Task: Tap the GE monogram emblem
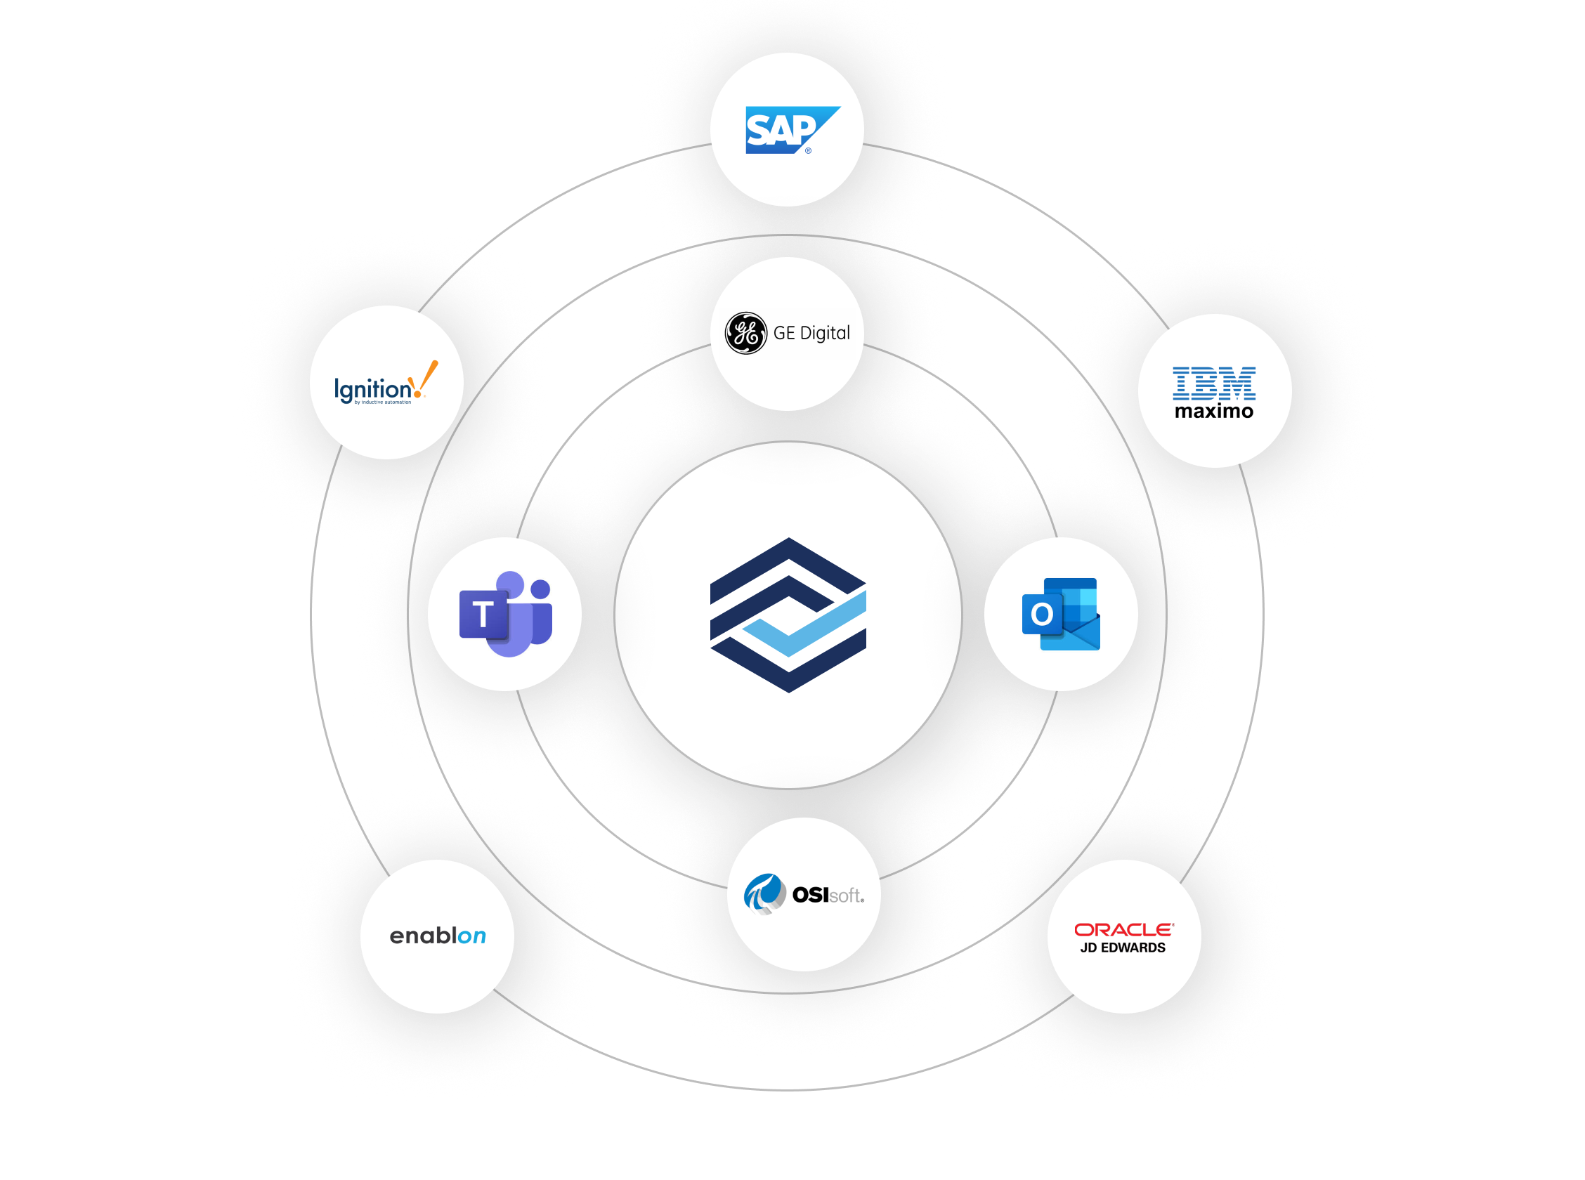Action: coord(745,333)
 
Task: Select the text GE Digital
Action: coord(811,334)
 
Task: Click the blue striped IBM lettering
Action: coord(1213,383)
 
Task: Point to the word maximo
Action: coord(1213,412)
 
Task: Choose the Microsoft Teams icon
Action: coord(505,614)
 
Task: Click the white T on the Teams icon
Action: coord(483,615)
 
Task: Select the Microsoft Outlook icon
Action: coord(1061,614)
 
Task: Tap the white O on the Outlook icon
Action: coord(1041,614)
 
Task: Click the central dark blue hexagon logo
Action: coord(788,615)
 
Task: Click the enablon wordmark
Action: coord(437,936)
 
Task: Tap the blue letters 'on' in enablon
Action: coord(471,936)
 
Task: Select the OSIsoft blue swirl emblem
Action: coord(764,893)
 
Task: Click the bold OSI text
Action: coord(810,894)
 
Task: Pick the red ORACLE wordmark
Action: coord(1123,929)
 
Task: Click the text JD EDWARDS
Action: coord(1123,948)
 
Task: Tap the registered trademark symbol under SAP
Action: coord(808,151)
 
